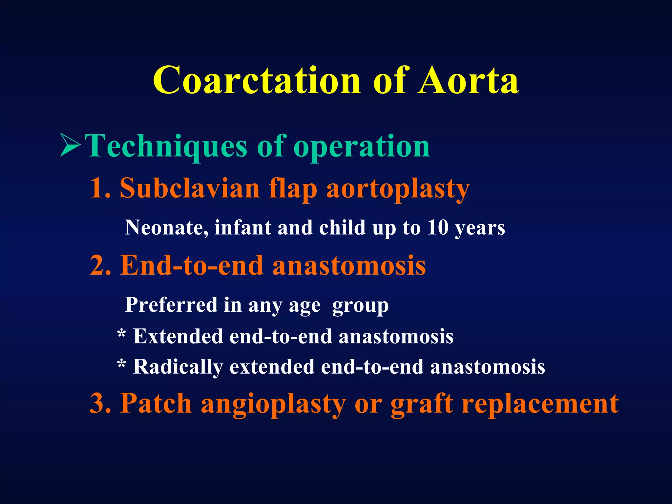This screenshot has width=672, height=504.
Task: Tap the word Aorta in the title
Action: click(468, 80)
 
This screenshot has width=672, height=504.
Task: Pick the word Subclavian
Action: click(189, 188)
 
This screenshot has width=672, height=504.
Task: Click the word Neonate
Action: click(166, 227)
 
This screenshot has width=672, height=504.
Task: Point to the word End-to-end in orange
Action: click(192, 265)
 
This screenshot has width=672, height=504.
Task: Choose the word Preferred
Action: click(171, 305)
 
